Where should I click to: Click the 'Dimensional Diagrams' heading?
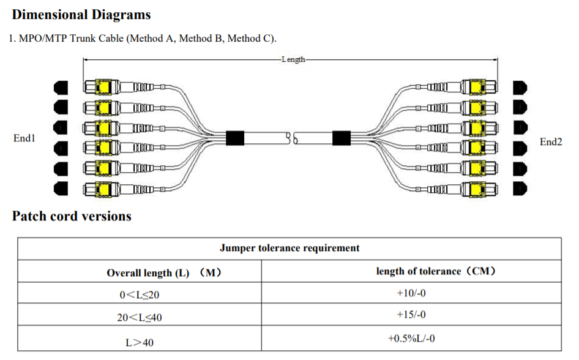[81, 15]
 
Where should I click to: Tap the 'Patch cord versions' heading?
[72, 216]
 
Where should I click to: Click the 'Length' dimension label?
[293, 59]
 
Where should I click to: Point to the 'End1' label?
[24, 138]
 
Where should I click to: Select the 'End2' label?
[551, 142]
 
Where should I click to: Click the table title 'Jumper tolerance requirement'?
[289, 248]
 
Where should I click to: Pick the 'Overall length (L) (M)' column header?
[164, 273]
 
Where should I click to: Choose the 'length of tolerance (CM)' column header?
[436, 271]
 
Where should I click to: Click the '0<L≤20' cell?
[139, 294]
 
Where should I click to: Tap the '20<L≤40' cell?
[139, 318]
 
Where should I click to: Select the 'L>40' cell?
[139, 343]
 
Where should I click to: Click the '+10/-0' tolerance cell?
[411, 293]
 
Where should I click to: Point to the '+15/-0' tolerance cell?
[411, 315]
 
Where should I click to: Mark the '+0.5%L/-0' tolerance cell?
[411, 339]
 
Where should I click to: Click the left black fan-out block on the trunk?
[235, 138]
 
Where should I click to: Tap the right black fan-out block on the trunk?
[341, 138]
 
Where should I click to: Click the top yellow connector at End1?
[103, 88]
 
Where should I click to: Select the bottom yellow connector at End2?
[478, 189]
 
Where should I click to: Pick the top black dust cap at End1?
[61, 88]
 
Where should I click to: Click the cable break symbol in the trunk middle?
[292, 138]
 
